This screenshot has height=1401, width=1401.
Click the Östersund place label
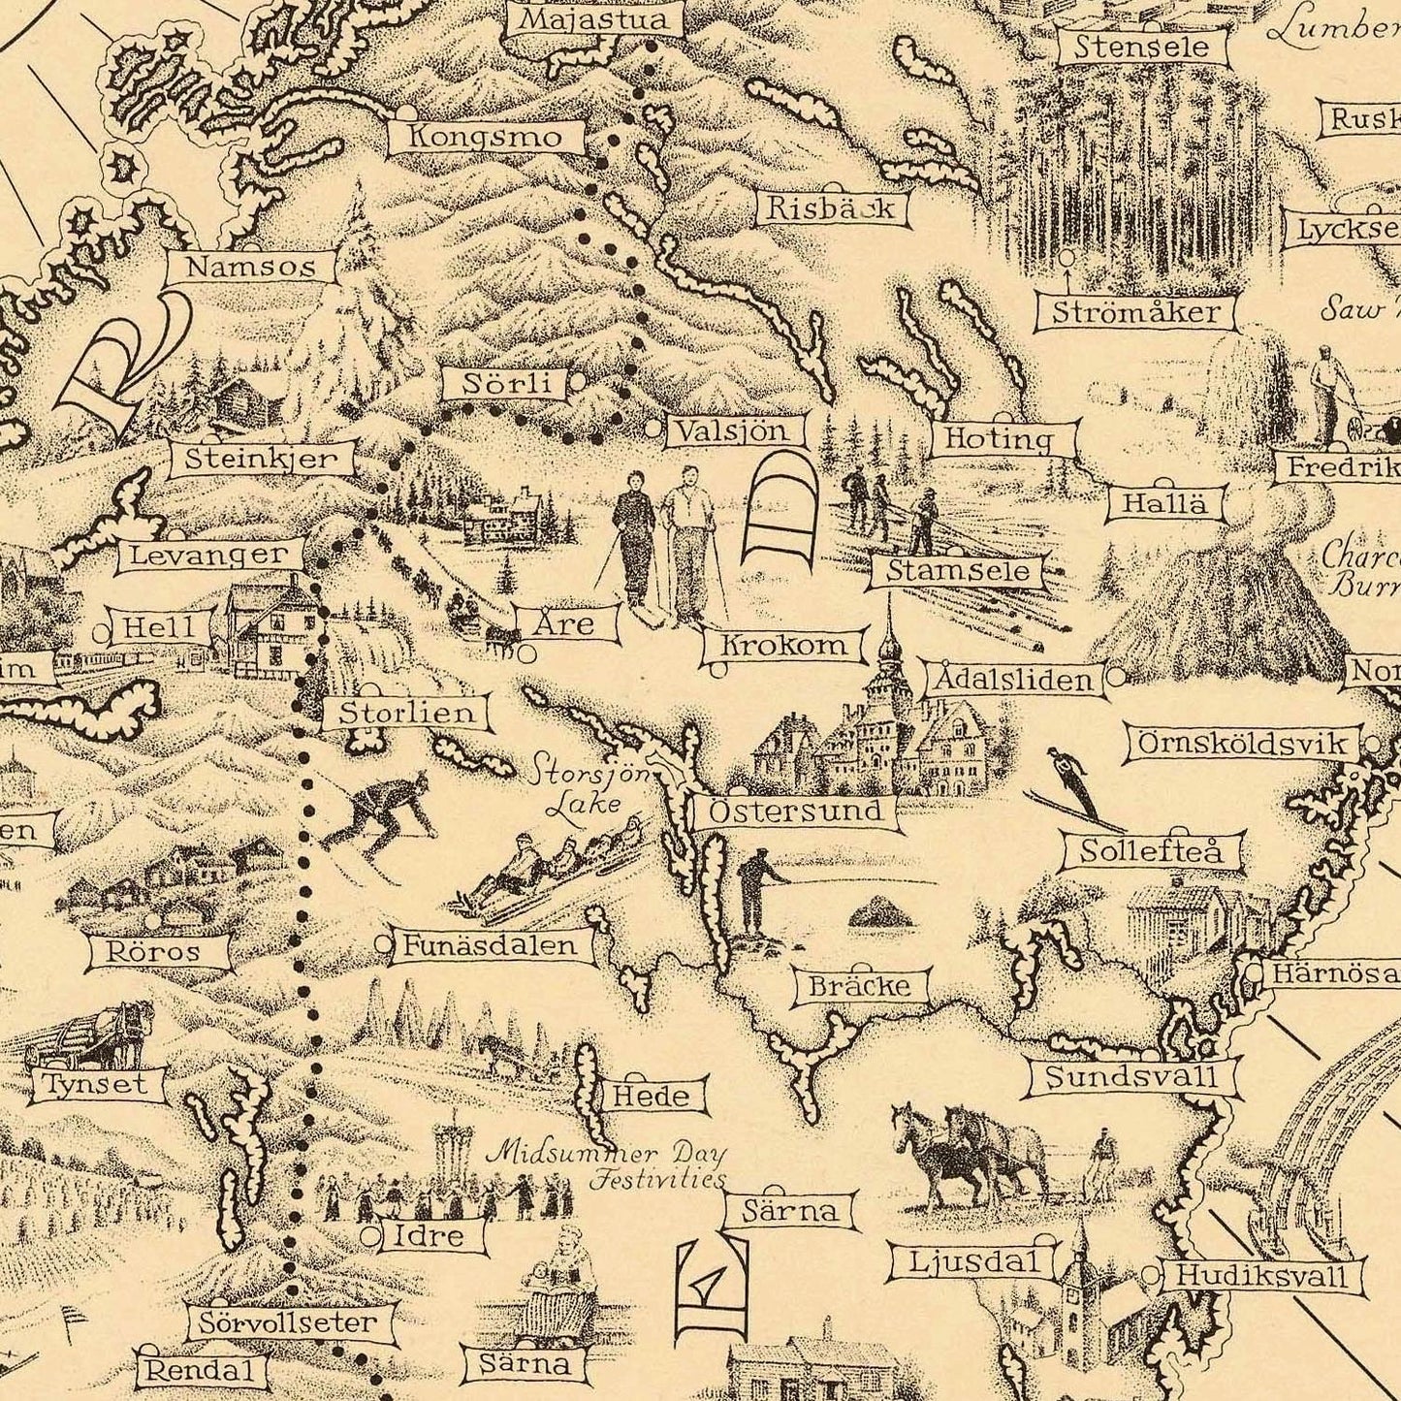(x=795, y=812)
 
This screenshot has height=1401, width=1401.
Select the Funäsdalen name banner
(x=493, y=945)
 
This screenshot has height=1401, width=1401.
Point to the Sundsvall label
(x=1130, y=1077)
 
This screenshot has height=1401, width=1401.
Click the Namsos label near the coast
(x=251, y=267)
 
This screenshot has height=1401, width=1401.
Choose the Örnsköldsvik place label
(x=1244, y=744)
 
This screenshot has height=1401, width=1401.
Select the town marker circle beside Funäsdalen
(x=384, y=942)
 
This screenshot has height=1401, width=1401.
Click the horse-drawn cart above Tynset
(x=92, y=1037)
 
